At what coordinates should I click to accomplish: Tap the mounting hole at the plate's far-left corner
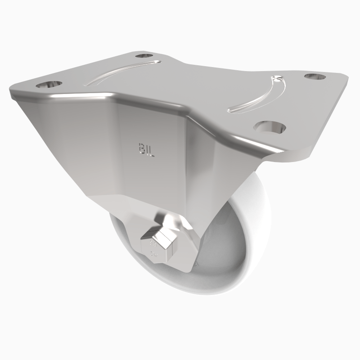49,84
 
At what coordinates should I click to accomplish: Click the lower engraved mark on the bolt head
154,255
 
